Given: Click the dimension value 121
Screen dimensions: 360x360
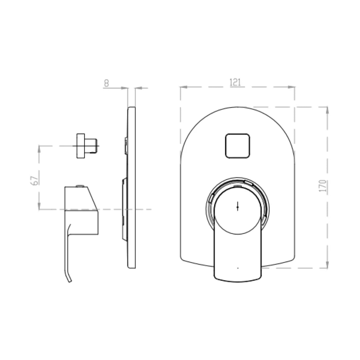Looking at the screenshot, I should pyautogui.click(x=235, y=82).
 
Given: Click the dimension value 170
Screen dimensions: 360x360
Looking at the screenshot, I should pyautogui.click(x=322, y=186).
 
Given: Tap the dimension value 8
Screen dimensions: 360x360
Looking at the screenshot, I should pyautogui.click(x=106, y=83).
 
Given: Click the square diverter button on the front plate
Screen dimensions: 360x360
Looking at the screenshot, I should pyautogui.click(x=237, y=146).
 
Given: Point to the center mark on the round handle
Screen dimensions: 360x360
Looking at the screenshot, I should pyautogui.click(x=237, y=207).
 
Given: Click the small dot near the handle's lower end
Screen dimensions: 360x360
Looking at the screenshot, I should pyautogui.click(x=237, y=268).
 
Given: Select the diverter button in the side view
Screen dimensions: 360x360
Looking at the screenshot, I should pyautogui.click(x=86, y=146).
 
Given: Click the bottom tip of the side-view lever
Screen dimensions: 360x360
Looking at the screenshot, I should pyautogui.click(x=69, y=281).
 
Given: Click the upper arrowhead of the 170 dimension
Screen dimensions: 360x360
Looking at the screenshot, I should pyautogui.click(x=327, y=110).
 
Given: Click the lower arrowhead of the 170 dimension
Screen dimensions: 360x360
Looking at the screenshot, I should pyautogui.click(x=327, y=265).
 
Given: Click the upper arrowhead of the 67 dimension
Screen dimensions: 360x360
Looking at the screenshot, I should pyautogui.click(x=39, y=149).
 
